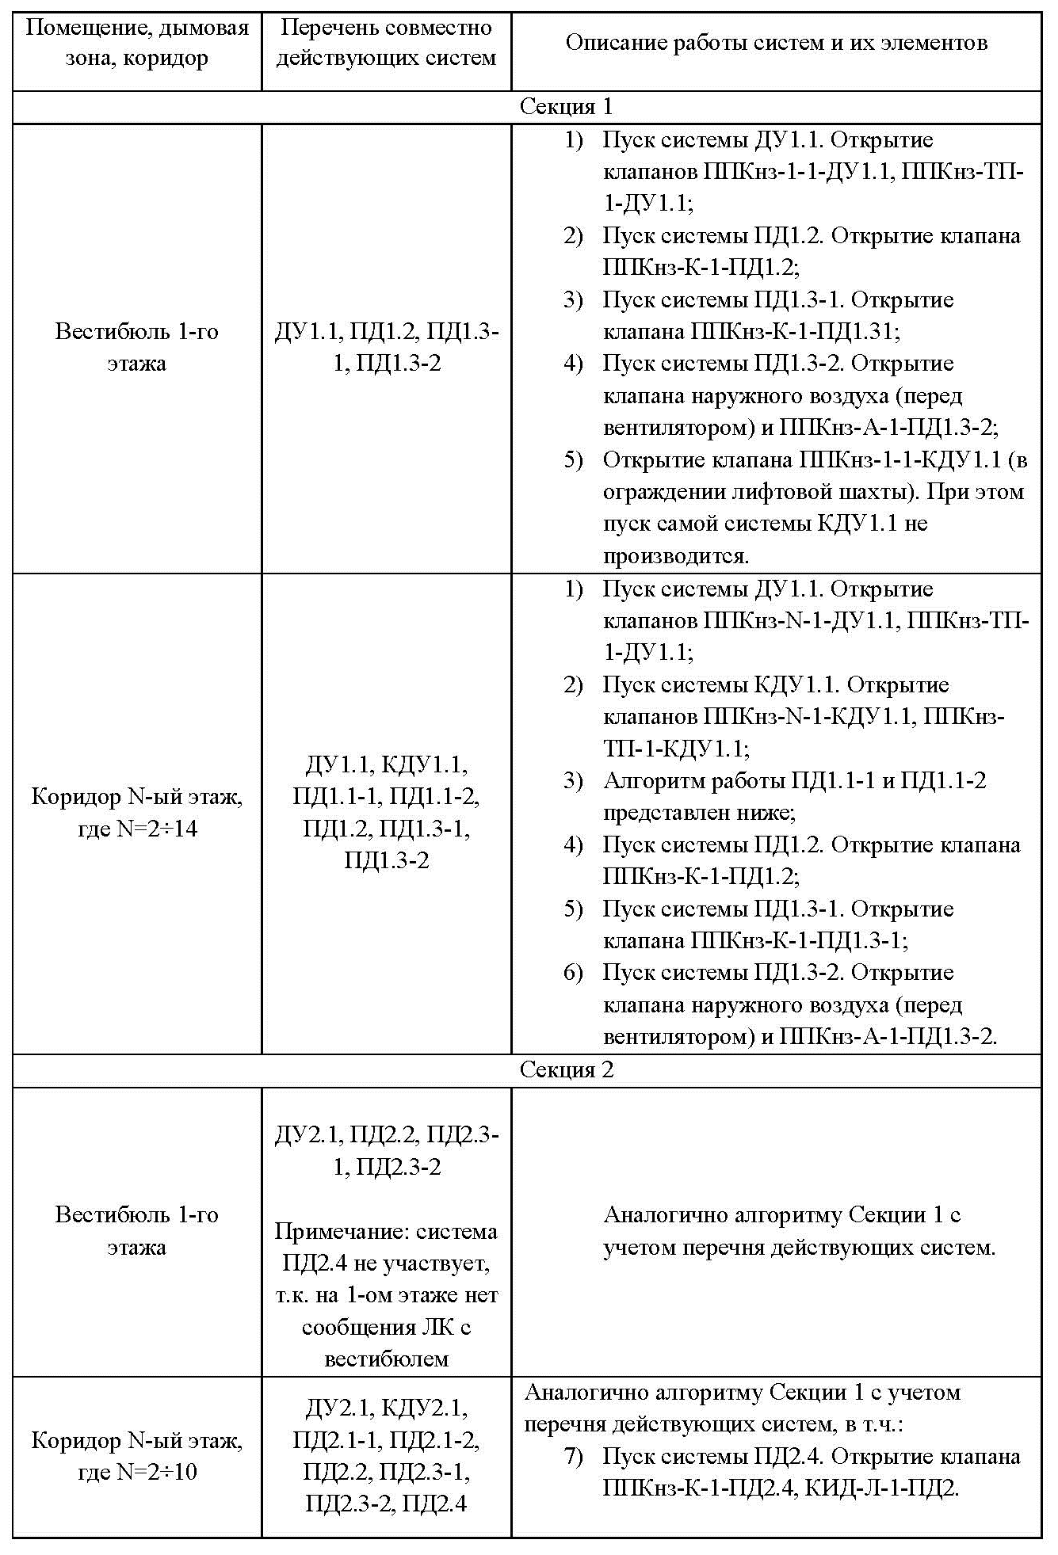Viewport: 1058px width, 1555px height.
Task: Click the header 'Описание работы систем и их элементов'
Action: click(776, 43)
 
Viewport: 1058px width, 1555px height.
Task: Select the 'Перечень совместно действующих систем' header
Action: click(386, 43)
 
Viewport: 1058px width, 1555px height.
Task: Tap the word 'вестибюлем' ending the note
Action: click(386, 1359)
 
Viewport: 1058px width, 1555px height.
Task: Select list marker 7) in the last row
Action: click(573, 1456)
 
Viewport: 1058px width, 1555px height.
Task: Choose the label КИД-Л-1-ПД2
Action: click(881, 1488)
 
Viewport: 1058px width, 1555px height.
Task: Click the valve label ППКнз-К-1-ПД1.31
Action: click(794, 331)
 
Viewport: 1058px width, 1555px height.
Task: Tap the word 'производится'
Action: click(675, 555)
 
